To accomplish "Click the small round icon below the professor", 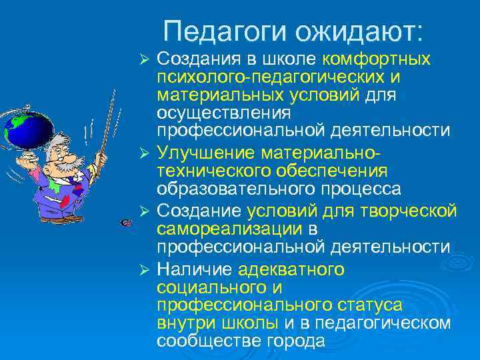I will coord(125,222).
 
